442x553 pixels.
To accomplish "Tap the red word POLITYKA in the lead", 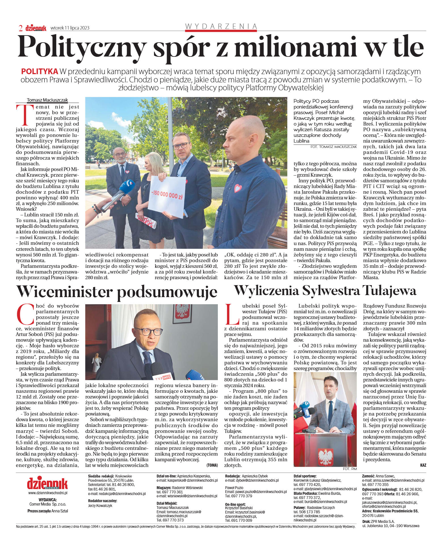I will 39,72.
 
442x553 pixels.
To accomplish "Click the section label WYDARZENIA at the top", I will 221,26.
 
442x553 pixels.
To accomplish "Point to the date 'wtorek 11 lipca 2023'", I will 70,28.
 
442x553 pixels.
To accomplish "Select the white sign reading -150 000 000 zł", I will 167,196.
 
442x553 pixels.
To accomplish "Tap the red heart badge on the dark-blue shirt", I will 238,188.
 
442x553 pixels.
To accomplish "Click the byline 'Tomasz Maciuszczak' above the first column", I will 47,100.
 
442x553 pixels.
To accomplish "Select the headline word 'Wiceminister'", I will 64,292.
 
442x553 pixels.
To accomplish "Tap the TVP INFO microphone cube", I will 163,377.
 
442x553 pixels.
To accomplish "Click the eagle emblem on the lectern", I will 325,457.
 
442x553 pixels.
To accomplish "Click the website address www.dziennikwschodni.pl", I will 48,493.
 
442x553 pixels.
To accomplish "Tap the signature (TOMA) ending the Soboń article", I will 212,465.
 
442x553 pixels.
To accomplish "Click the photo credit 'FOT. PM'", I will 350,469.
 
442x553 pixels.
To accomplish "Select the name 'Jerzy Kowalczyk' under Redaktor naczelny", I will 100,506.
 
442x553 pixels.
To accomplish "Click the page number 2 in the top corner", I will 21,28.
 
